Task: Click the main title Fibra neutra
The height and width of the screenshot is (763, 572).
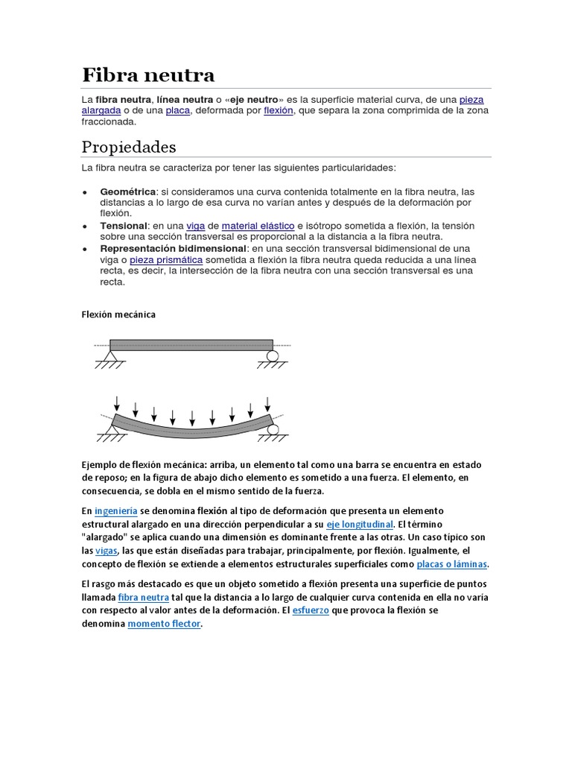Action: pyautogui.click(x=147, y=75)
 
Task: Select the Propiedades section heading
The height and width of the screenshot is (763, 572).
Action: pyautogui.click(x=129, y=146)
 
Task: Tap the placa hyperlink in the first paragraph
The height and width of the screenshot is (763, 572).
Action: pyautogui.click(x=178, y=110)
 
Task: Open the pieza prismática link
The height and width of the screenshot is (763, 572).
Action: pyautogui.click(x=166, y=260)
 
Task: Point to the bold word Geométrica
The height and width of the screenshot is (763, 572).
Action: pyautogui.click(x=128, y=191)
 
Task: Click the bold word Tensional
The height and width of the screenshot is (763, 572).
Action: pyautogui.click(x=124, y=226)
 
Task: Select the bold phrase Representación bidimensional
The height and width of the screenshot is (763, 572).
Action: pyautogui.click(x=173, y=248)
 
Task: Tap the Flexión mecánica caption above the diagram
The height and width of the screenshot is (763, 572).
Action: pyautogui.click(x=118, y=314)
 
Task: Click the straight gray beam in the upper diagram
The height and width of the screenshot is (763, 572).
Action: pyautogui.click(x=191, y=346)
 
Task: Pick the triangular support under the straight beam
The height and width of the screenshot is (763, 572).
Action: pyautogui.click(x=111, y=357)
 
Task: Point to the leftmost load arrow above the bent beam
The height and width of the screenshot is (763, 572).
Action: pyautogui.click(x=117, y=403)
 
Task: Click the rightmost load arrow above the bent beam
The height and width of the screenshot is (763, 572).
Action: pyautogui.click(x=267, y=403)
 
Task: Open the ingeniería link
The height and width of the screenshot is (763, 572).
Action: pyautogui.click(x=115, y=511)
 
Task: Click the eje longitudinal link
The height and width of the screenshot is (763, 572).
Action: pyautogui.click(x=359, y=525)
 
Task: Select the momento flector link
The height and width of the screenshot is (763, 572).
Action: pyautogui.click(x=164, y=624)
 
